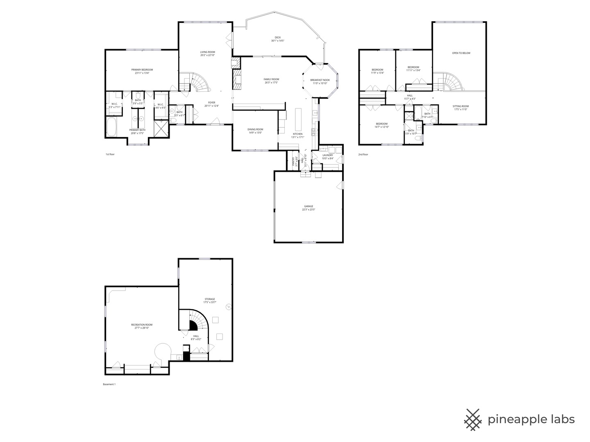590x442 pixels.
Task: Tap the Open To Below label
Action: (461, 53)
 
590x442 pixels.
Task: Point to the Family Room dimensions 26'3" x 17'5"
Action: (271, 83)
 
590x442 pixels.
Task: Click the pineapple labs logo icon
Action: (474, 419)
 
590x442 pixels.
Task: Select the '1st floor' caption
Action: (110, 154)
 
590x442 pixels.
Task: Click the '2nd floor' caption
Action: (363, 154)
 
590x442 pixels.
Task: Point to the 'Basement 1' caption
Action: (109, 384)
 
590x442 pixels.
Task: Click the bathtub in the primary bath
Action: (111, 127)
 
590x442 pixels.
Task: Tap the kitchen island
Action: (297, 119)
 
